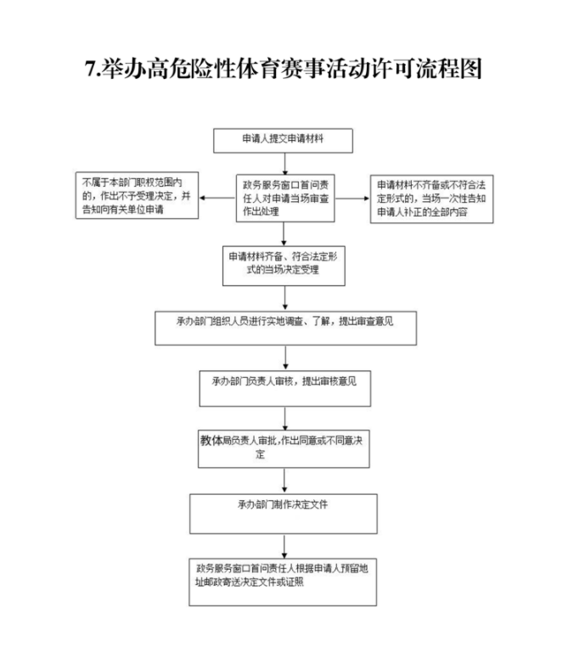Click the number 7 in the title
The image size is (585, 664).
tap(91, 69)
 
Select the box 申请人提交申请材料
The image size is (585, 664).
tap(284, 139)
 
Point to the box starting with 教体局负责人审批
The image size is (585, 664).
tap(284, 447)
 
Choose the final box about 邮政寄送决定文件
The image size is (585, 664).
tap(284, 582)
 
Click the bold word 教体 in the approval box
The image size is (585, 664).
tap(211, 441)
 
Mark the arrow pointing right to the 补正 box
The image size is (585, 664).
tap(355, 199)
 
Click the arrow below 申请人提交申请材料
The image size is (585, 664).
tap(284, 164)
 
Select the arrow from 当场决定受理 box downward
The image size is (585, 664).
tap(284, 297)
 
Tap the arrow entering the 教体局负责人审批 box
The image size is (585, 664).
tap(284, 417)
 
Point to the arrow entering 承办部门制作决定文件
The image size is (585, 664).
tap(284, 480)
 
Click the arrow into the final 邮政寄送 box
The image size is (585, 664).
tap(284, 545)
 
